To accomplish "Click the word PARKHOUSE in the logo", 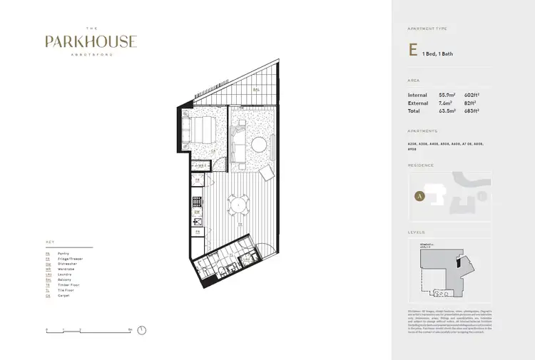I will pyautogui.click(x=91, y=42).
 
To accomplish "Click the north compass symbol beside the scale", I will pyautogui.click(x=142, y=330).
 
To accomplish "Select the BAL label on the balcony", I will pyautogui.click(x=255, y=90).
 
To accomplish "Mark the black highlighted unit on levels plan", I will pyautogui.click(x=457, y=266).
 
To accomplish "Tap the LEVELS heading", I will pyautogui.click(x=416, y=232).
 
